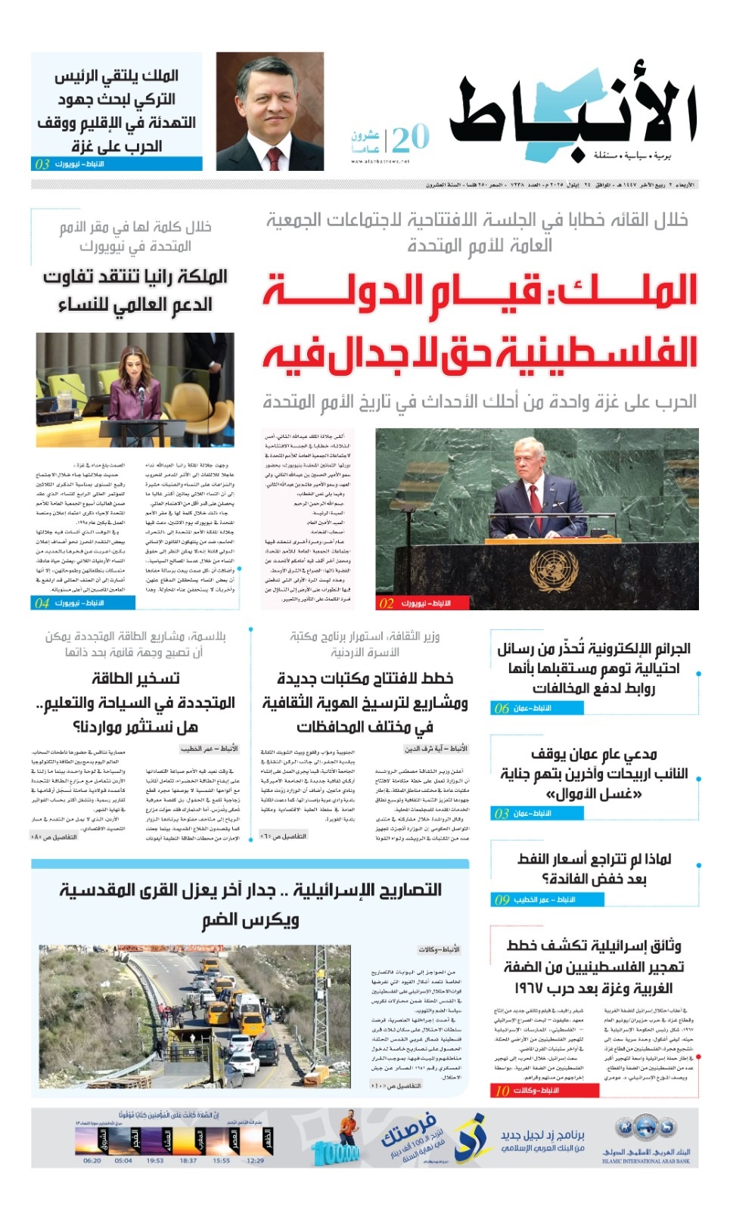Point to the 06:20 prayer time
92,1160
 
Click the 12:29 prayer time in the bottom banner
256,1160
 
